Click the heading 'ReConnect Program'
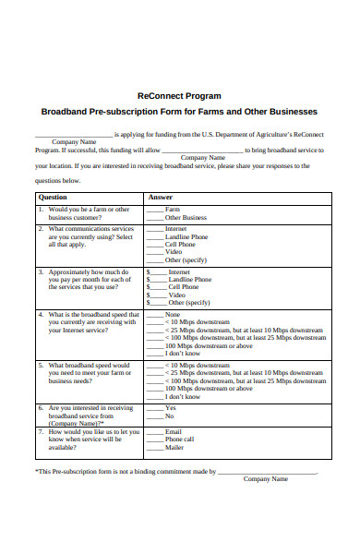179,95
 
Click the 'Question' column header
53,197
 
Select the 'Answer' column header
160,197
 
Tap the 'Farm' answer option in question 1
172,210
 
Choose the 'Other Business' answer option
186,218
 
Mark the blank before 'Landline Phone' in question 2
154,236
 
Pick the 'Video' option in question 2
173,252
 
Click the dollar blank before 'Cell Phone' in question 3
156,287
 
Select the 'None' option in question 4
172,315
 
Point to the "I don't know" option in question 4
182,354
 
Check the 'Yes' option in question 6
170,407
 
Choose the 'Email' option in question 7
173,431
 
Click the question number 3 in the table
41,272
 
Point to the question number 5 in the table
41,365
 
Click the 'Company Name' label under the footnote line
266,479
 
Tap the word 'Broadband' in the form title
68,112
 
